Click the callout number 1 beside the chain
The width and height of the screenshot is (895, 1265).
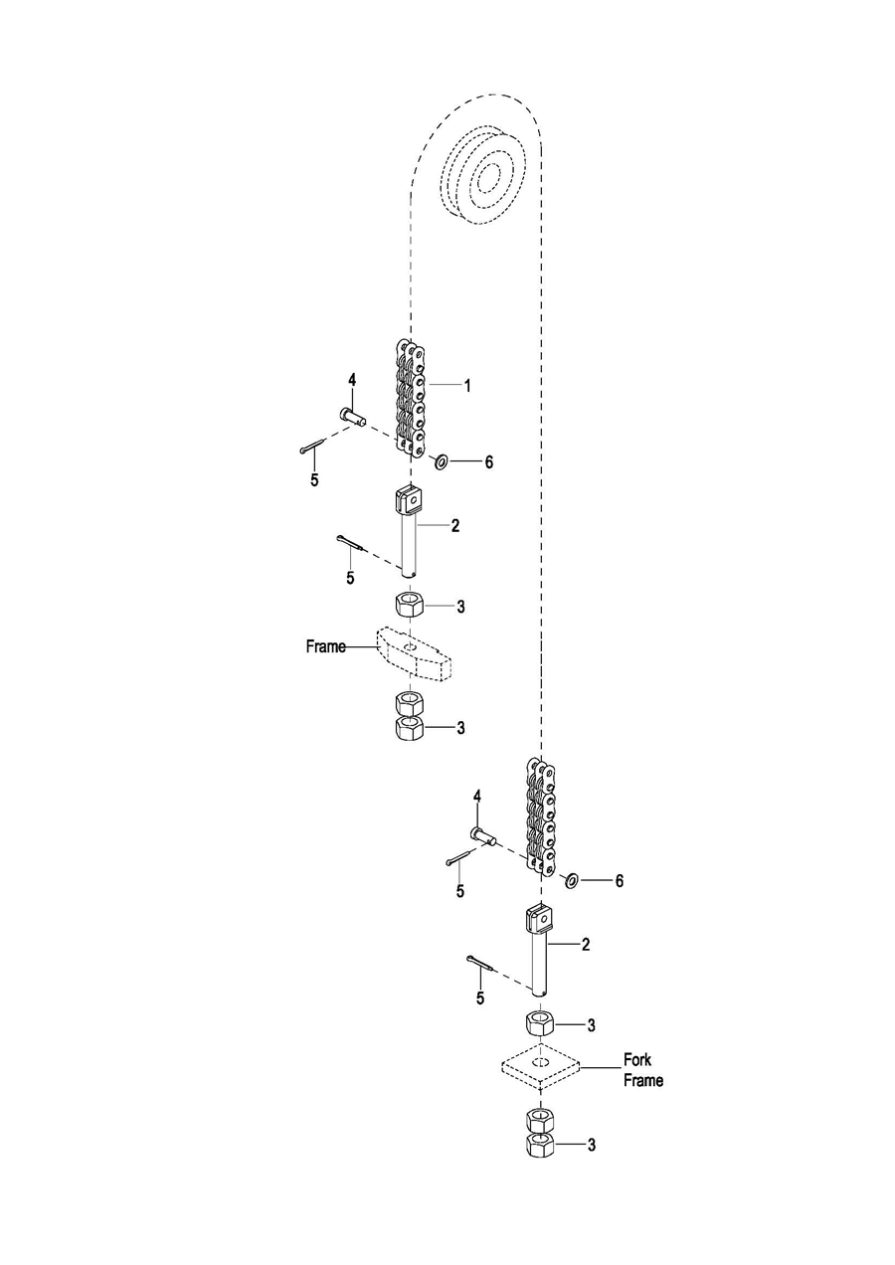[x=467, y=386]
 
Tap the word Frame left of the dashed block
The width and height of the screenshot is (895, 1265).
[x=326, y=646]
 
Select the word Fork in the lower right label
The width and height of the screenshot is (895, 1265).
[x=637, y=1059]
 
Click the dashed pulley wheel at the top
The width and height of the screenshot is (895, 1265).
[x=483, y=175]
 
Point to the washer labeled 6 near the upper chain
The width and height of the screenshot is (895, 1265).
[x=441, y=462]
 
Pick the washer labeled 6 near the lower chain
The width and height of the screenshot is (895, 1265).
[x=571, y=880]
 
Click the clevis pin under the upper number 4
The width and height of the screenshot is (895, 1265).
[x=353, y=418]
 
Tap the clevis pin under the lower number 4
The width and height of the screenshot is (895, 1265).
[x=482, y=834]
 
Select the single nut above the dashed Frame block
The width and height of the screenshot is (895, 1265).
[x=410, y=607]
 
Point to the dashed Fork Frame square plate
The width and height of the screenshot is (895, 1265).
[x=540, y=1066]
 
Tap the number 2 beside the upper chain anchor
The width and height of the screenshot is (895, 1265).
[x=455, y=526]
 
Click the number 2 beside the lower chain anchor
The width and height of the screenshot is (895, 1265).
[x=585, y=944]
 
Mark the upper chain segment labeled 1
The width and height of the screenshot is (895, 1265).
[x=411, y=396]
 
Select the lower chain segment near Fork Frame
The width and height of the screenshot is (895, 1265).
[x=540, y=814]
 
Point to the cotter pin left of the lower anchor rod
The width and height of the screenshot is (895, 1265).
[x=481, y=963]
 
